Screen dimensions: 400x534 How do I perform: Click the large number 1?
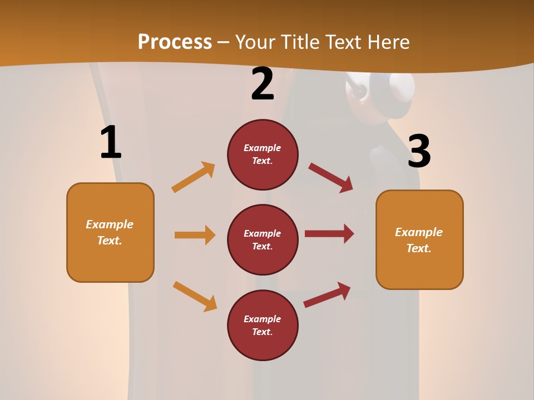tap(111, 142)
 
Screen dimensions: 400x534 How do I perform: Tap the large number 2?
tap(263, 84)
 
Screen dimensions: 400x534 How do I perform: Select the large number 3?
tap(419, 151)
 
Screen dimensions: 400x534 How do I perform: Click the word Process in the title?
tap(175, 42)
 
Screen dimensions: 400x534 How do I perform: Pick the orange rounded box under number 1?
tap(110, 232)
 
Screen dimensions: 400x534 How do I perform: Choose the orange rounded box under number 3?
tap(419, 239)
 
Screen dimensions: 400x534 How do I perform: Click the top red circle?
tap(263, 154)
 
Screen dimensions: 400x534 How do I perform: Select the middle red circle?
tap(263, 239)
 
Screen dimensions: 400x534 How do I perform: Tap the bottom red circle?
tap(263, 325)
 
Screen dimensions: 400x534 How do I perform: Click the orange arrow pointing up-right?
tap(194, 177)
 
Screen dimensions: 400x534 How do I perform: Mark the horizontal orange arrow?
tap(195, 235)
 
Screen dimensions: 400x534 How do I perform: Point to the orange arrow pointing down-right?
tap(195, 296)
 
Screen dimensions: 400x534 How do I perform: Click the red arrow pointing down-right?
tap(331, 178)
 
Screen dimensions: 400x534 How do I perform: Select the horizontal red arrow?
tap(329, 233)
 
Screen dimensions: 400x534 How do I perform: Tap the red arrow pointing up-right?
tap(327, 294)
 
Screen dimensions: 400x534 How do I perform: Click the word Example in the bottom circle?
tap(263, 319)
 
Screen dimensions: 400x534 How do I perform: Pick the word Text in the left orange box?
tap(109, 241)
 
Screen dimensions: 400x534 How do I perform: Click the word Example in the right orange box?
tap(419, 232)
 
